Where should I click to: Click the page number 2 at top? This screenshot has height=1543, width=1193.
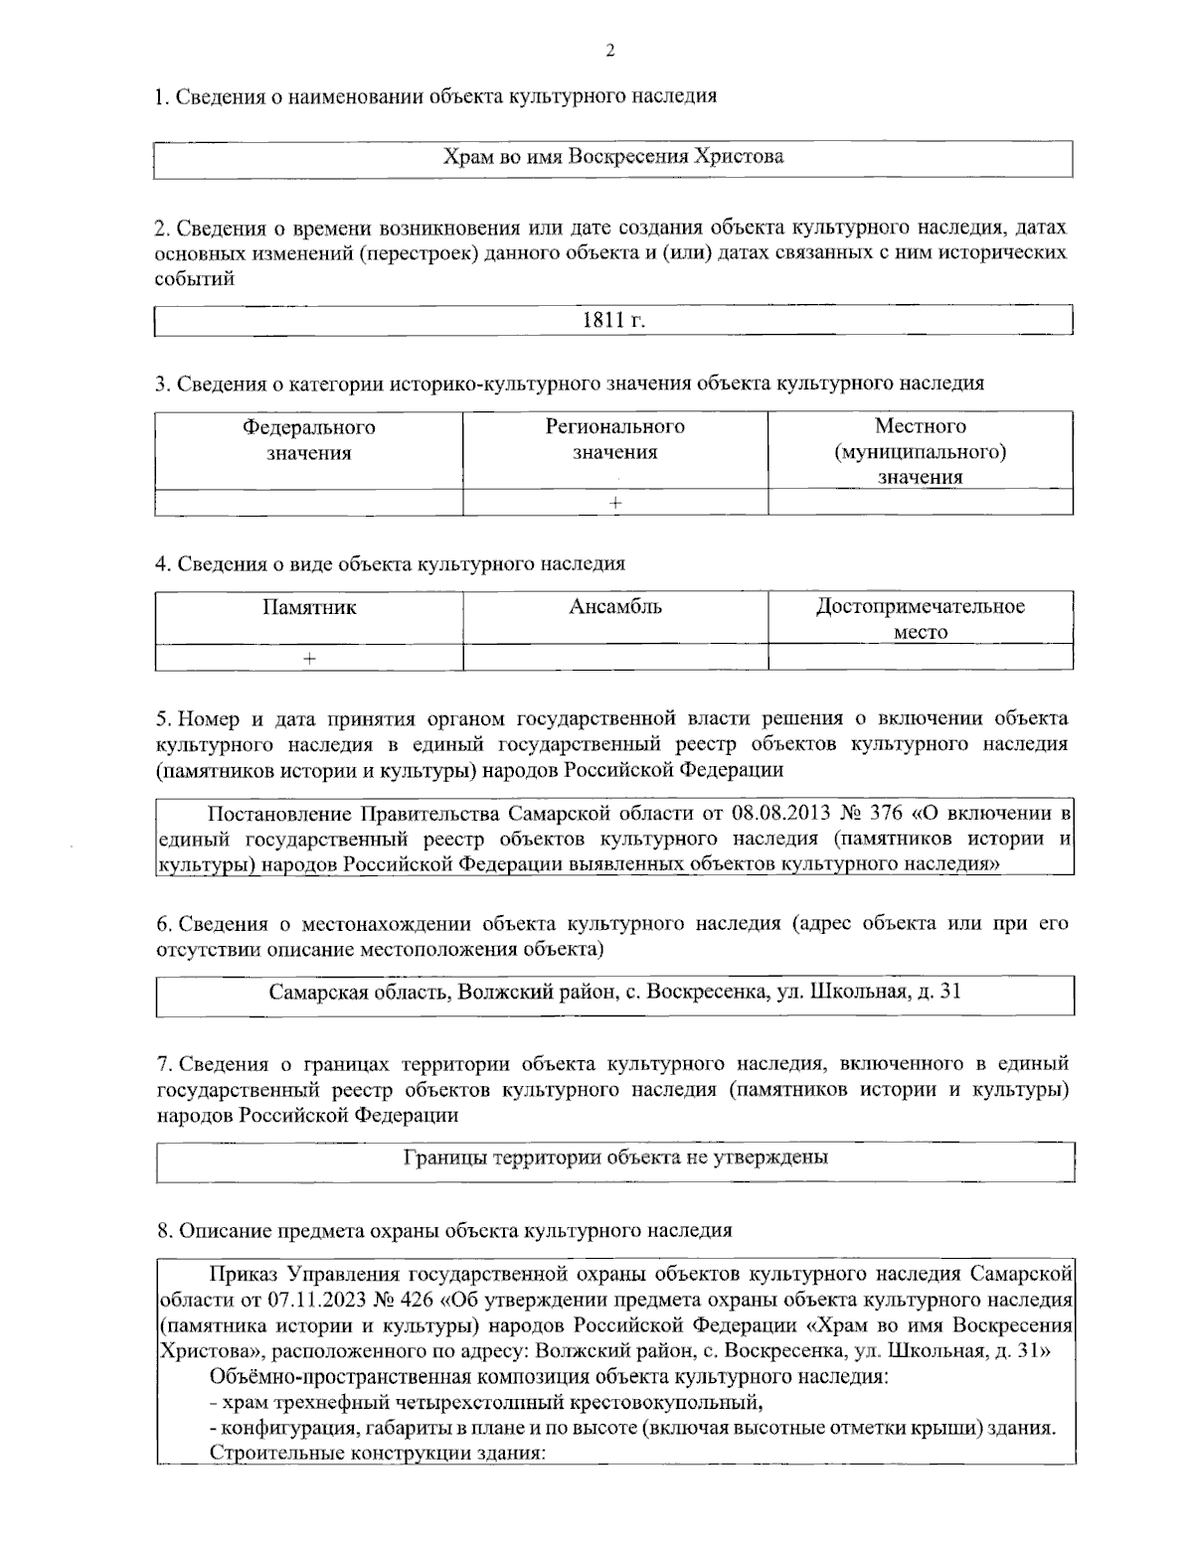pos(610,51)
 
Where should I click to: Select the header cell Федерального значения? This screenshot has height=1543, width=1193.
pos(309,439)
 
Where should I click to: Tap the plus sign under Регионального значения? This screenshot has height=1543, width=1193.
pos(615,503)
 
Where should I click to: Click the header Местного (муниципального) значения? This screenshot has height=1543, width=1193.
pos(920,451)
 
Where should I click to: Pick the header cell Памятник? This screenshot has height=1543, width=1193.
pos(309,607)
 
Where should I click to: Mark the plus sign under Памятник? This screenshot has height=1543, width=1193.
pos(309,658)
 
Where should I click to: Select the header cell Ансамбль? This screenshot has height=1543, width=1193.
pos(615,607)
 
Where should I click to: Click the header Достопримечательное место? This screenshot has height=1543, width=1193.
pos(920,618)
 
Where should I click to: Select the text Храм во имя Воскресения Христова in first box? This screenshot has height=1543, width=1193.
pos(612,157)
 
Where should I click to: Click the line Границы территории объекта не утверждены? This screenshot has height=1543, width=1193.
pos(616,1157)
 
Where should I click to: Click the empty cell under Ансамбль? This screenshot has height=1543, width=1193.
pos(615,658)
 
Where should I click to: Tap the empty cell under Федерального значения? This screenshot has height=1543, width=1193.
pos(309,503)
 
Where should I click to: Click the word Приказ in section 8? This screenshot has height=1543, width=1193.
pos(244,1275)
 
